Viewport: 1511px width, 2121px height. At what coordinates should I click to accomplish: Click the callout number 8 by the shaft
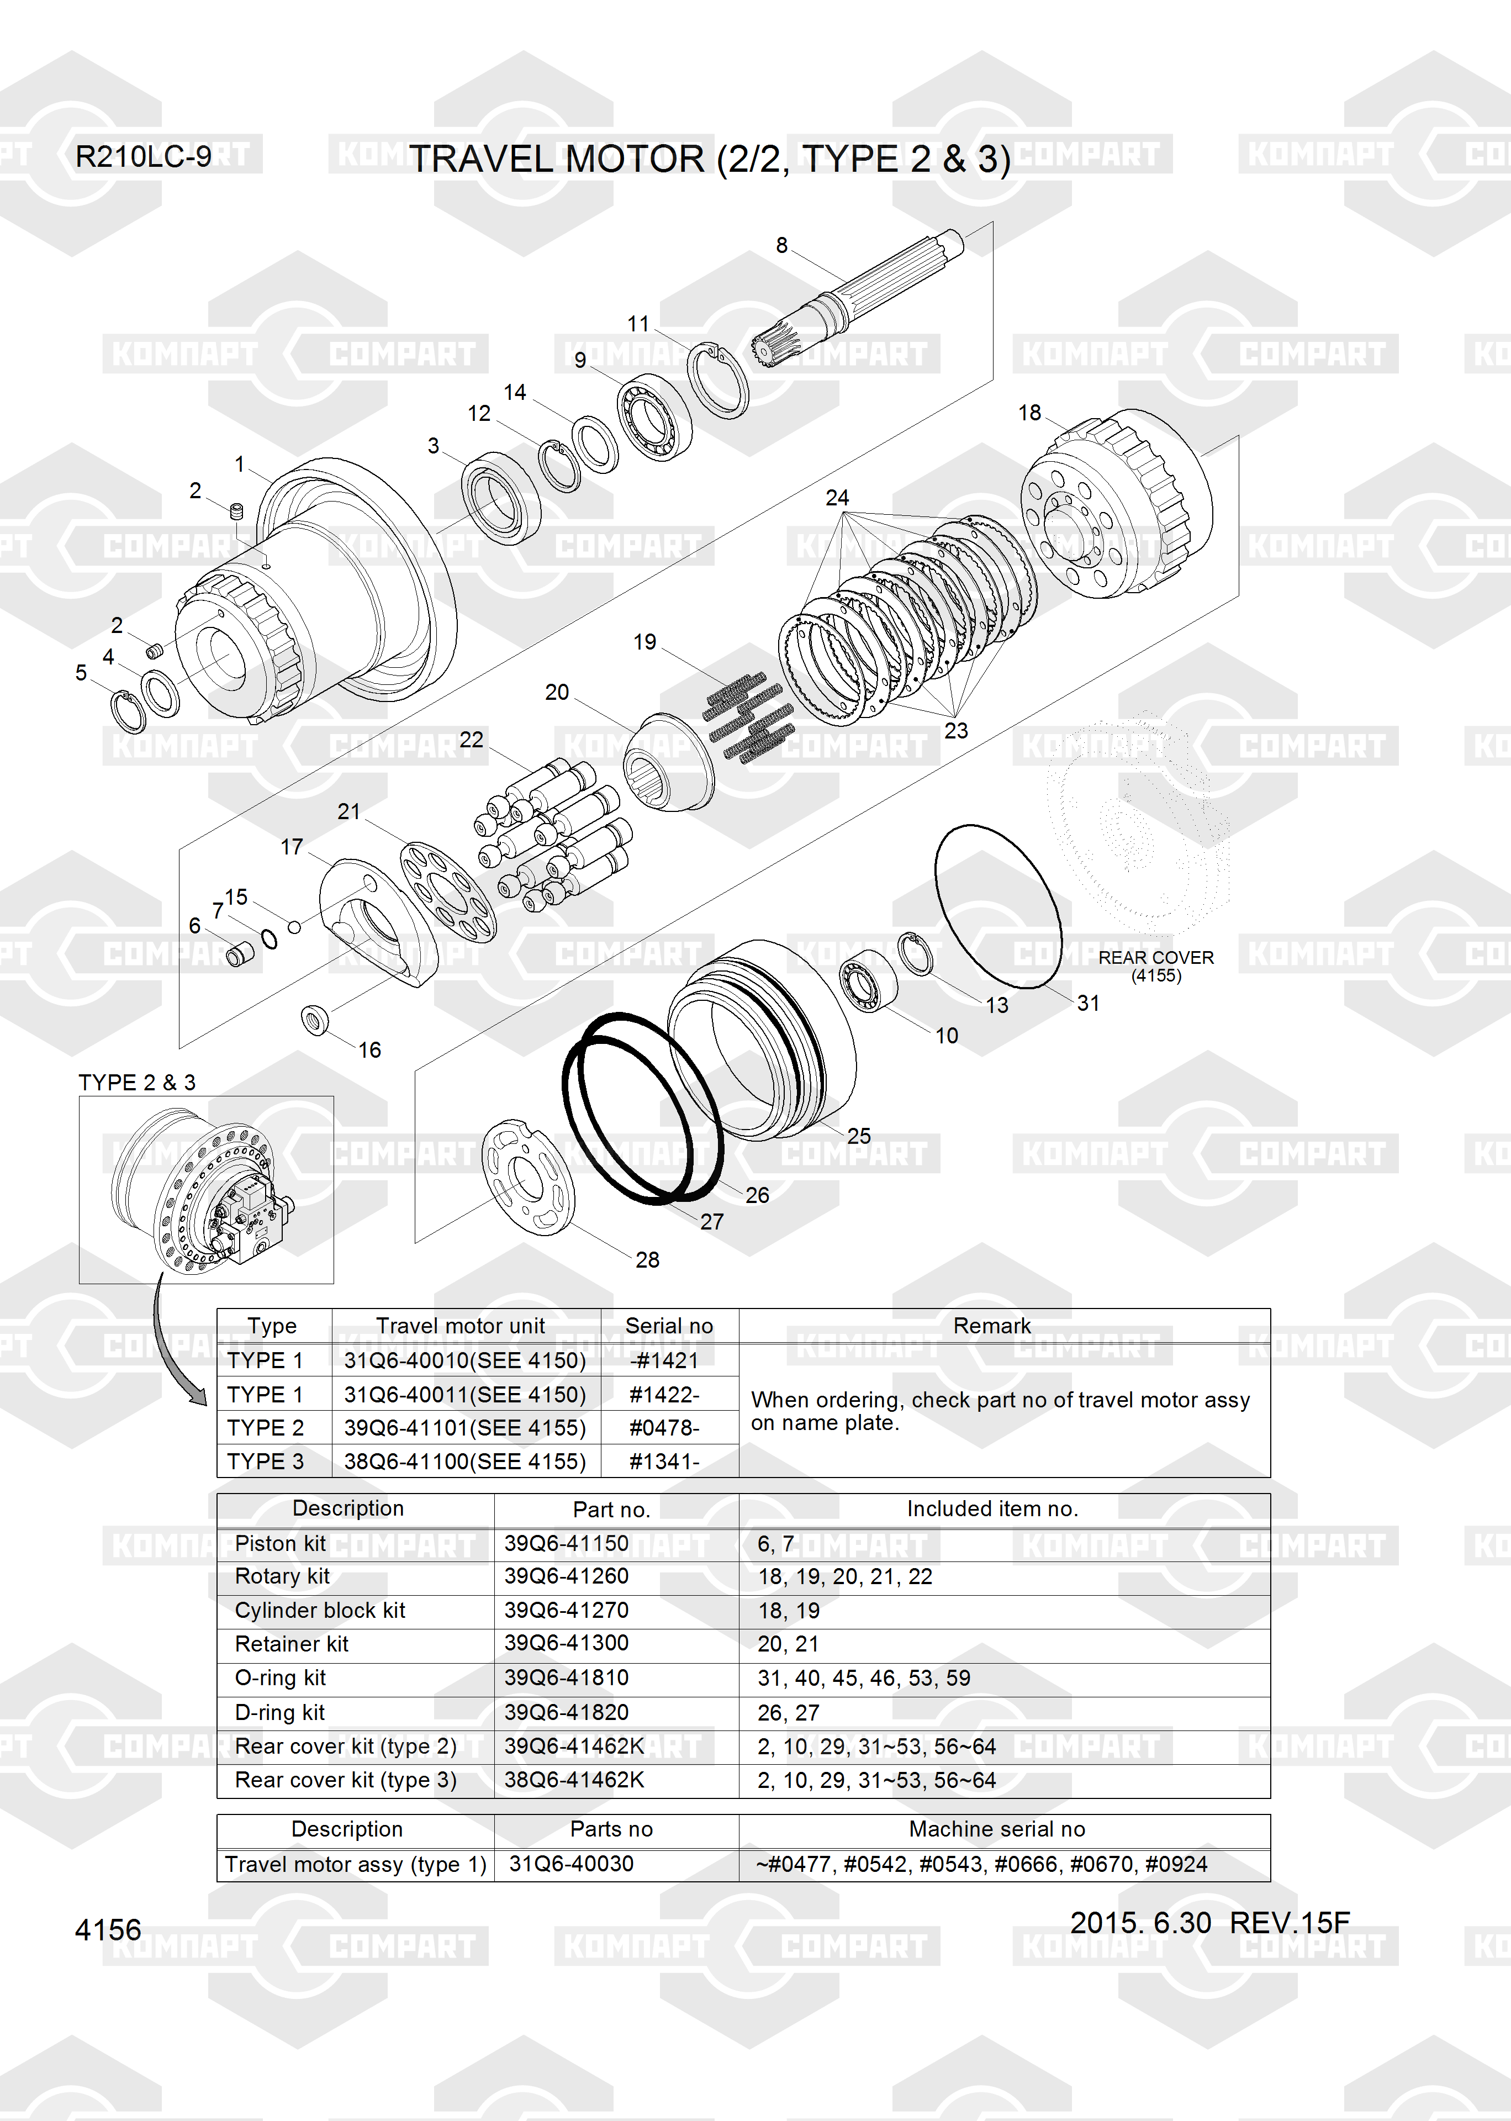click(x=781, y=245)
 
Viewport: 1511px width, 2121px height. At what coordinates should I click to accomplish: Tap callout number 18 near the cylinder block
click(x=1029, y=412)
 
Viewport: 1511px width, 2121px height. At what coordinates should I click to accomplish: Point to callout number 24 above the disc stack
click(x=837, y=498)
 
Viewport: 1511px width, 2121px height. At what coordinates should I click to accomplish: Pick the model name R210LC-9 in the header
click(x=143, y=156)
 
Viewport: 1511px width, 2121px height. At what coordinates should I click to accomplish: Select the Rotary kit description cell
click(x=282, y=1576)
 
